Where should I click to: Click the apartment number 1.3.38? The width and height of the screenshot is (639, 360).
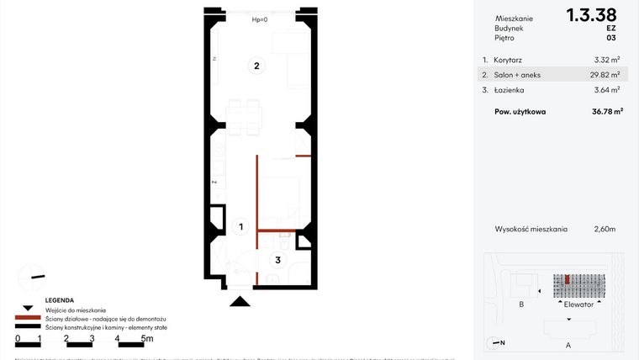tap(591, 14)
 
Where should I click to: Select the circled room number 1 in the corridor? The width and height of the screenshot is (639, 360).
tap(240, 226)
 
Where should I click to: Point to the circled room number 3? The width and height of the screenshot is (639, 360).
tap(275, 260)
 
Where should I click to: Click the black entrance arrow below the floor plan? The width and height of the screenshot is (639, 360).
tap(240, 300)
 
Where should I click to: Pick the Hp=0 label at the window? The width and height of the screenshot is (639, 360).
tap(260, 19)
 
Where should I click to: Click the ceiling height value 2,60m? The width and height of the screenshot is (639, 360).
tap(605, 228)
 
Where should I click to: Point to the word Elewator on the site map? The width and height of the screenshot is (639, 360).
tap(579, 304)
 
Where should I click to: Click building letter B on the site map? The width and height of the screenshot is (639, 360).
tap(522, 304)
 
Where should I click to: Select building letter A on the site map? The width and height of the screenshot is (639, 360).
tap(568, 345)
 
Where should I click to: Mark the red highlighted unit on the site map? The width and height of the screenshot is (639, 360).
tap(568, 279)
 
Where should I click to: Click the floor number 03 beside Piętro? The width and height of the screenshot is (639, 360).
tap(610, 38)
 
